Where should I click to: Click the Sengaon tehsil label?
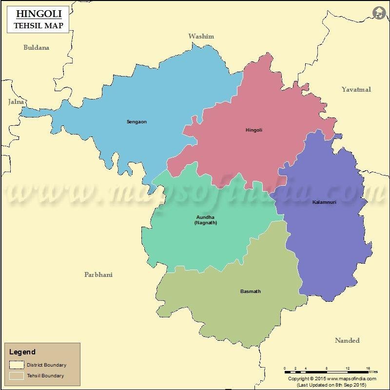click(x=136, y=121)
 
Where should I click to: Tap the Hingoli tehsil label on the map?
click(x=253, y=130)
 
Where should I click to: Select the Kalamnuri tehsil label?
click(x=324, y=202)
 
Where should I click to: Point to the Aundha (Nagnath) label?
click(x=205, y=220)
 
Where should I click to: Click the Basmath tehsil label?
click(x=251, y=292)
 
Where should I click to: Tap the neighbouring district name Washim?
click(x=201, y=36)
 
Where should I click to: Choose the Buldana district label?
click(x=37, y=48)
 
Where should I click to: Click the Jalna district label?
click(x=16, y=102)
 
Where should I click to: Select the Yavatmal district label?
click(x=356, y=89)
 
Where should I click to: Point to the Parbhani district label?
click(x=98, y=274)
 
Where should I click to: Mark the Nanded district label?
click(x=347, y=340)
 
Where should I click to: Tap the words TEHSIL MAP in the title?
click(x=38, y=25)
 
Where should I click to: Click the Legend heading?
click(x=22, y=352)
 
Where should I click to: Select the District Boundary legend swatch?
click(x=17, y=365)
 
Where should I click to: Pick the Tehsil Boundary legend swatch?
click(x=17, y=375)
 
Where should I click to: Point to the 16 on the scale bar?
click(x=369, y=369)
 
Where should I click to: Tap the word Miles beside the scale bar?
click(x=373, y=372)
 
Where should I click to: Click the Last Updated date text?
click(x=331, y=385)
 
